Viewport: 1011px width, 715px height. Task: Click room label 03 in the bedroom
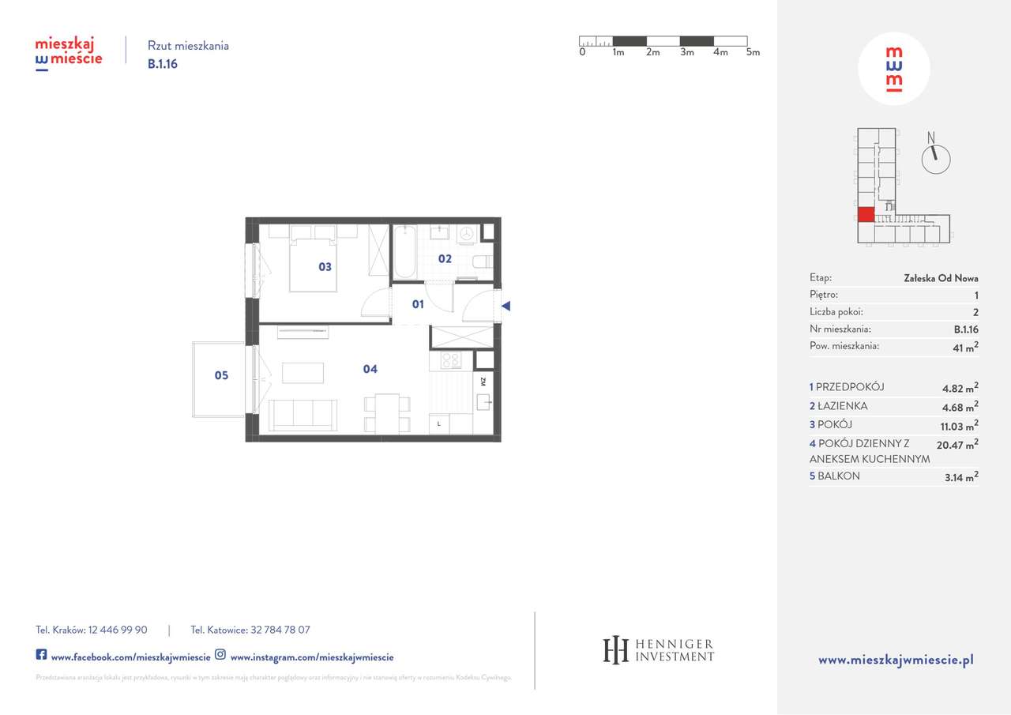(x=325, y=267)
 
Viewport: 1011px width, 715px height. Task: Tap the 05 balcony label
(x=221, y=375)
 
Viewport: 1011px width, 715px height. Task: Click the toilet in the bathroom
(x=481, y=262)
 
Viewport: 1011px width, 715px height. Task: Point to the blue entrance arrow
(x=506, y=306)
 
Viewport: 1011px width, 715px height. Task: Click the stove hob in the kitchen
(x=451, y=360)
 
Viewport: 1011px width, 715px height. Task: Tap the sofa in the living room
(x=303, y=414)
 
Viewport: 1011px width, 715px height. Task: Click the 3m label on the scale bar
(x=686, y=52)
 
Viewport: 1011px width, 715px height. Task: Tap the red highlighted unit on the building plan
(x=866, y=214)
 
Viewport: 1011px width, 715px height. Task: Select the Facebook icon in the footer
(x=41, y=655)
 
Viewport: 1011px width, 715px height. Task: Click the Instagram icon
(x=220, y=655)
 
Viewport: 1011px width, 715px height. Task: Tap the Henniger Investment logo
(x=658, y=649)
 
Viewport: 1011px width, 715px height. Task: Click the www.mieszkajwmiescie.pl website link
(x=895, y=660)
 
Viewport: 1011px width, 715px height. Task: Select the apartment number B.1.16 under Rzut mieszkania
(x=163, y=65)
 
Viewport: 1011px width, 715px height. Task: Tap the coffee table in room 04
(x=303, y=373)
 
